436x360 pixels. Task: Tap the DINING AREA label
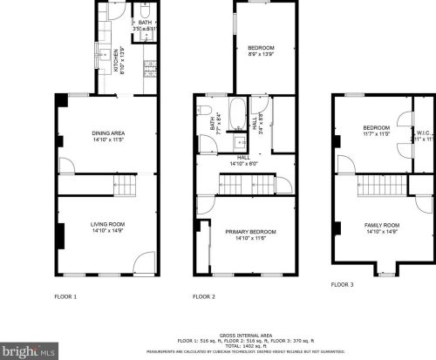108,132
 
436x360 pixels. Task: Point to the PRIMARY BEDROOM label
250,231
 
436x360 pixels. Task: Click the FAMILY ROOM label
382,225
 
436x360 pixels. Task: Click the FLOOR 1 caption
66,297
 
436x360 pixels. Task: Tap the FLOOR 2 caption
204,297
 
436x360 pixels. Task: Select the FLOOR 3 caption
342,284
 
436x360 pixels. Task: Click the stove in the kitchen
148,65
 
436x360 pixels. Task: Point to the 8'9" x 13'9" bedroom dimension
260,54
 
